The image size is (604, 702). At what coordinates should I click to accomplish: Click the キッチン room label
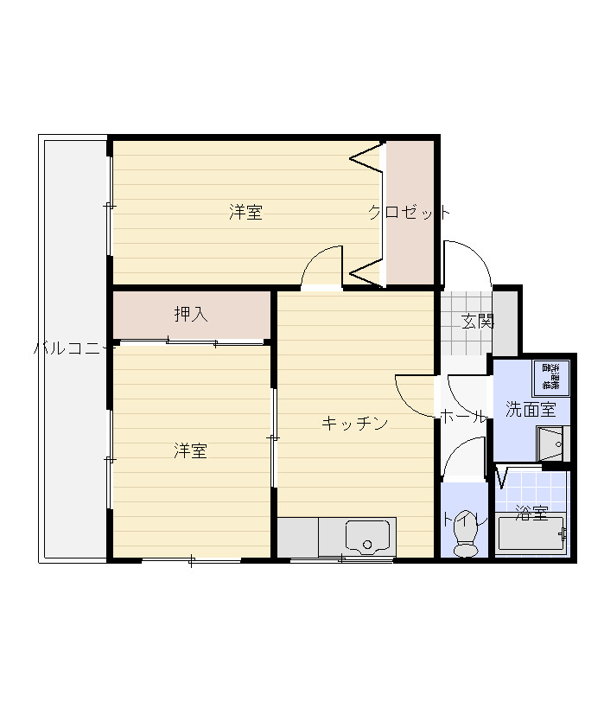pos(354,423)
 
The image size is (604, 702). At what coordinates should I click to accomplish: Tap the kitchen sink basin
pos(367,537)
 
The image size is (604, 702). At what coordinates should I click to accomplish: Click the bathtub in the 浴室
pos(531,535)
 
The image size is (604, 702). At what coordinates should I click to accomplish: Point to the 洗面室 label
pos(531,410)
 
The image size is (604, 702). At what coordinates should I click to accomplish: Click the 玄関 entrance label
pos(477,322)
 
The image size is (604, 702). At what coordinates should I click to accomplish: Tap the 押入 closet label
pos(191,315)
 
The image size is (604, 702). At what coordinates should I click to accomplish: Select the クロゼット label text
pos(409,212)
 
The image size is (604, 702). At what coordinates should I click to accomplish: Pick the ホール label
pos(463,415)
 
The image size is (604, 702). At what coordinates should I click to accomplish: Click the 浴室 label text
pos(531,513)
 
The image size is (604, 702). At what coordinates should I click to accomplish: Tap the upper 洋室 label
pos(246,212)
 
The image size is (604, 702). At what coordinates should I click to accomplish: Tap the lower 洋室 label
pos(190,450)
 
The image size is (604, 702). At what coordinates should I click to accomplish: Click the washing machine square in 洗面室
pos(550,378)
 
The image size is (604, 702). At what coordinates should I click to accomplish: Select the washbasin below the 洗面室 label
pos(550,444)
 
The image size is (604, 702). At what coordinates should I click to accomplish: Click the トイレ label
pos(465,520)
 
